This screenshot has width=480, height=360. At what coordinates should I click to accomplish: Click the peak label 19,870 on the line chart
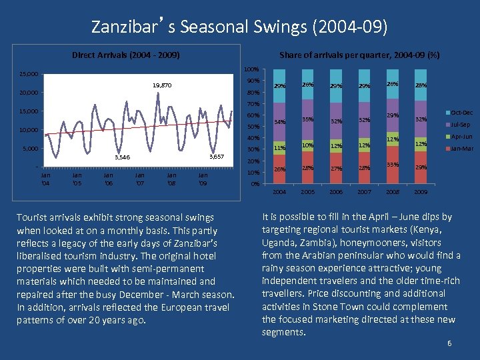pyautogui.click(x=161, y=85)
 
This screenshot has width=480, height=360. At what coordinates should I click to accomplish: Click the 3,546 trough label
pyautogui.click(x=122, y=157)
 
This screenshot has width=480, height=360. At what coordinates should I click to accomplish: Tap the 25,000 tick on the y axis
pyautogui.click(x=29, y=74)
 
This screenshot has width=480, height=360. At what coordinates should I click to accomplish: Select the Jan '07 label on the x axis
pyautogui.click(x=140, y=179)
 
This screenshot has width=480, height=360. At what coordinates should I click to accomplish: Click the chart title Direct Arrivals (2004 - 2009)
pyautogui.click(x=126, y=55)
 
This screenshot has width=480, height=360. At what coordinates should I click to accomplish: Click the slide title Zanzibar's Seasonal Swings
pyautogui.click(x=239, y=27)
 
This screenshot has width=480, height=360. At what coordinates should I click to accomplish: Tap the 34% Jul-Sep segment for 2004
pyautogui.click(x=280, y=122)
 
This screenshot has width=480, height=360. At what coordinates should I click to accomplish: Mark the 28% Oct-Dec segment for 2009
pyautogui.click(x=421, y=85)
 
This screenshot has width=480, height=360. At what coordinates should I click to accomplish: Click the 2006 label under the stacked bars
pyautogui.click(x=336, y=191)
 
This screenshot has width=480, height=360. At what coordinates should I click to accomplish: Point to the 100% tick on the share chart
pyautogui.click(x=251, y=69)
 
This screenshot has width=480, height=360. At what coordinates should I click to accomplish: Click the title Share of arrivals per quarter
pyautogui.click(x=359, y=55)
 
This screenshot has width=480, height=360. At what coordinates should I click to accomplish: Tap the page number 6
pyautogui.click(x=451, y=343)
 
